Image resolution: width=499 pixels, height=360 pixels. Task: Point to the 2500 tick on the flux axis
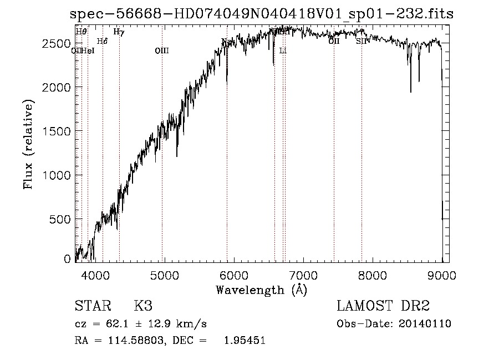pos(58,44)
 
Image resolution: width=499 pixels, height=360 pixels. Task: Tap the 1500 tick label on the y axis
pos(58,131)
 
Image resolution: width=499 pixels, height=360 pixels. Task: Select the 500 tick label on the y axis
pos(61,219)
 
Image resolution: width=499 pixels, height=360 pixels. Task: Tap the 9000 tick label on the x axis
pos(441,275)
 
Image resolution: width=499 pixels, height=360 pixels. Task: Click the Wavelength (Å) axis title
pos(261,290)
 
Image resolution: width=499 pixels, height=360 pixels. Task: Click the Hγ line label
pos(119,32)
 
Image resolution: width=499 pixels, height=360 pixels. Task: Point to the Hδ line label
pos(102,42)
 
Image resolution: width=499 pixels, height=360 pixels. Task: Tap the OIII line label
pos(161,51)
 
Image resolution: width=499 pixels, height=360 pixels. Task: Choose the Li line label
pos(283,51)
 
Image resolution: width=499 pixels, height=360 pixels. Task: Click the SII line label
pos(361,42)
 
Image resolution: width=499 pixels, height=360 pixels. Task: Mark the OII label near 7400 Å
pos(334,42)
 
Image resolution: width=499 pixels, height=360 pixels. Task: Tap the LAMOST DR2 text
pos(383,307)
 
